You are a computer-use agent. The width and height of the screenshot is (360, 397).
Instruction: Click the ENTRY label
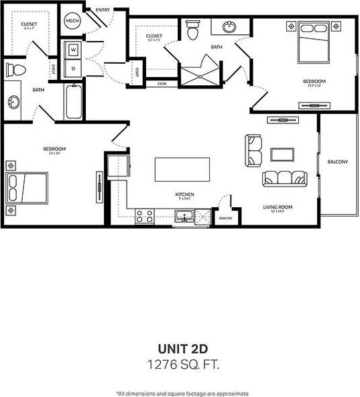pyautogui.click(x=103, y=9)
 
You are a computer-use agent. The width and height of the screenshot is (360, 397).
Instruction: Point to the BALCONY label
pyautogui.click(x=337, y=162)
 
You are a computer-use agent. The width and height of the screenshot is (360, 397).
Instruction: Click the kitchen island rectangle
pyautogui.click(x=178, y=169)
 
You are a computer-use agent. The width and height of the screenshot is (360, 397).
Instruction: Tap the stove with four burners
pyautogui.click(x=144, y=216)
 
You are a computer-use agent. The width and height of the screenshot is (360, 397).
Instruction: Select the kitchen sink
pyautogui.click(x=184, y=216)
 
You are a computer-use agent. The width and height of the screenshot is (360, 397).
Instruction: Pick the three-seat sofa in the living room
pyautogui.click(x=284, y=178)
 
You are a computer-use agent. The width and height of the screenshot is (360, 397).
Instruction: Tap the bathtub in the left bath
pyautogui.click(x=73, y=101)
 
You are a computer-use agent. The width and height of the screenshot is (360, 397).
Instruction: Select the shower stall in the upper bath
pyautogui.click(x=200, y=73)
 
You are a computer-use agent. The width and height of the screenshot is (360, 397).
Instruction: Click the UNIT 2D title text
pyautogui.click(x=180, y=349)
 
